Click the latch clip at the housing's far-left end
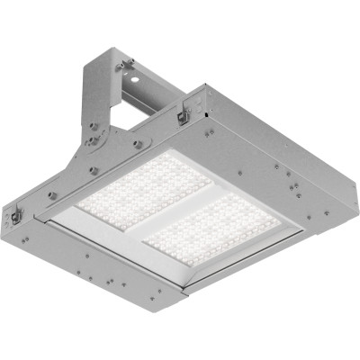(15, 216)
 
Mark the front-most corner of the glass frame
(184, 290)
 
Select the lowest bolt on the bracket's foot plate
(93, 168)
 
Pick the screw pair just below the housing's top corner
(209, 130)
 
